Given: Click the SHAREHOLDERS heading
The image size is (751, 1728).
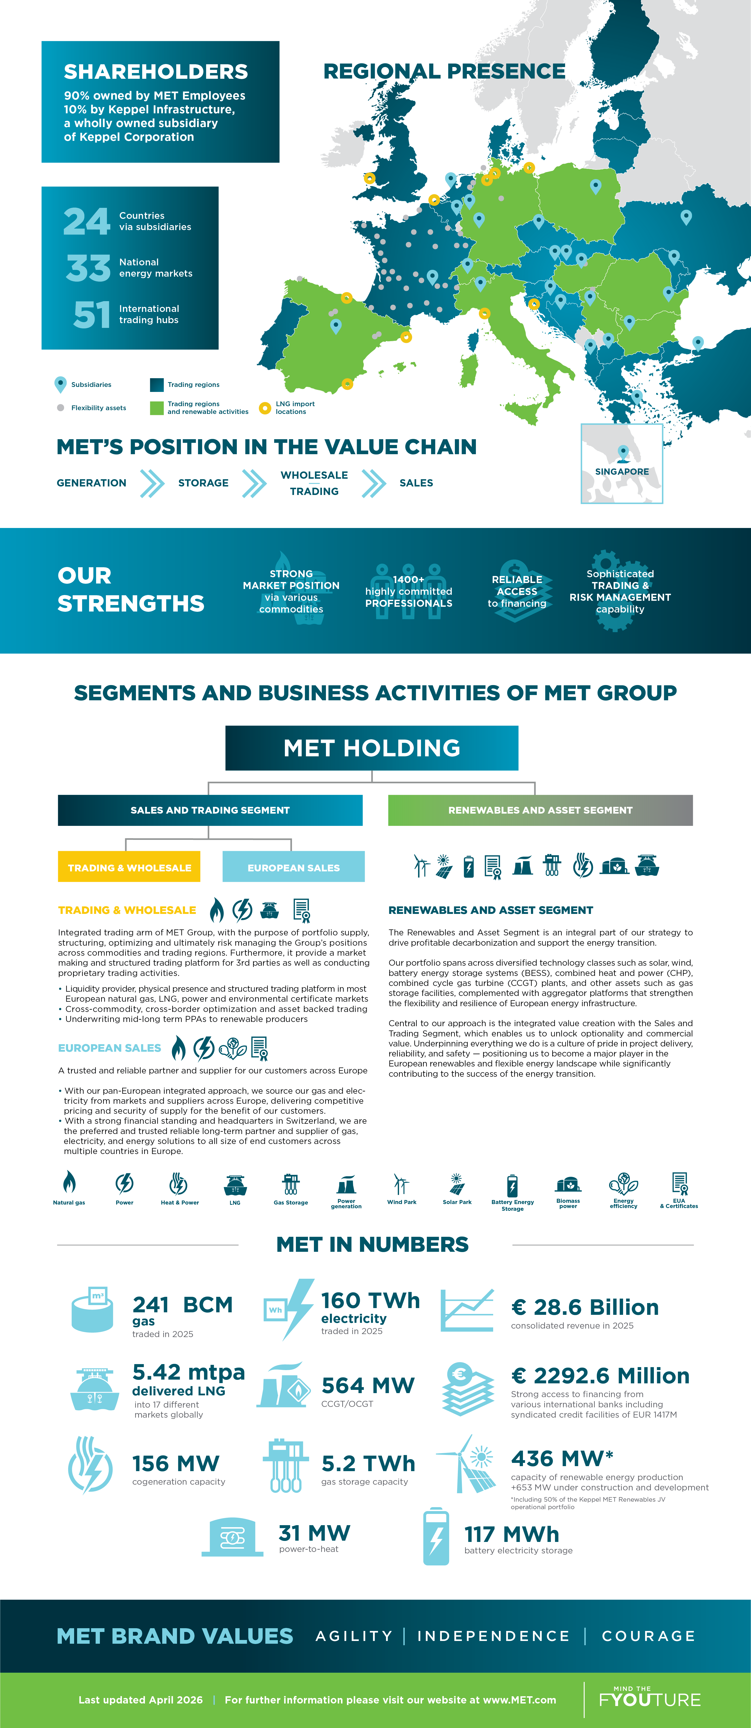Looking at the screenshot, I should click(x=156, y=72).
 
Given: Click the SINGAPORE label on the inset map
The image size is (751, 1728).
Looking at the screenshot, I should click(x=622, y=471).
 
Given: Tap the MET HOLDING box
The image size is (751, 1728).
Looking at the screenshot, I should click(x=372, y=748).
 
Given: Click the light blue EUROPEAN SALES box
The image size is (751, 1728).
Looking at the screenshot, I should click(x=293, y=867).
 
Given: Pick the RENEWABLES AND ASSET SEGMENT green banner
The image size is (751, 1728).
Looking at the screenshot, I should click(x=540, y=810).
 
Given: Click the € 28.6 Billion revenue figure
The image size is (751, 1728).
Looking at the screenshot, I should click(x=585, y=1307).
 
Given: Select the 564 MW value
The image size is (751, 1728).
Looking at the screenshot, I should click(x=368, y=1385).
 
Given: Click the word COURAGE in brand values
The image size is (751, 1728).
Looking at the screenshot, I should click(x=648, y=1636).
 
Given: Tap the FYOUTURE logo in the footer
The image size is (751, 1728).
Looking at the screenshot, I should click(x=650, y=1699).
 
